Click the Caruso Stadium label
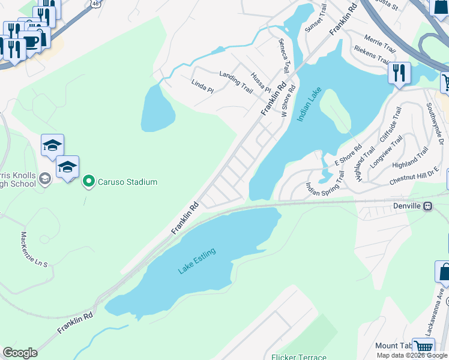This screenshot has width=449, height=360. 128,182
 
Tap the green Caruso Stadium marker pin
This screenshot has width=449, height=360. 89,181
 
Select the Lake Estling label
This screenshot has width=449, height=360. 196,262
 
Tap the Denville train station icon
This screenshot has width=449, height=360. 428,206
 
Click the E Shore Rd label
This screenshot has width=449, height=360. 348,155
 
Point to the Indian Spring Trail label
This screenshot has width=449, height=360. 325,182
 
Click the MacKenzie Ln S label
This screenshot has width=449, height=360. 34,250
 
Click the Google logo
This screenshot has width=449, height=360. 20,353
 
